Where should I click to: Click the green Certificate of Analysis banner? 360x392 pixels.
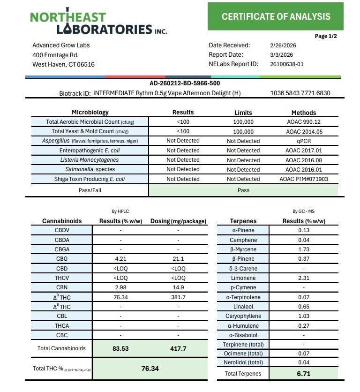276,16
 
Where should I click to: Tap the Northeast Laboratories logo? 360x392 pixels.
98,23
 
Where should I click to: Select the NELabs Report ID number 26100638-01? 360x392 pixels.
287,64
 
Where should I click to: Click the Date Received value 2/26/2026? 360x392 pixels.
283,45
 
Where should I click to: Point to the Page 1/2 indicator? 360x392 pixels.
326,36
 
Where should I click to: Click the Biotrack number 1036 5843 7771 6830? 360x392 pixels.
300,93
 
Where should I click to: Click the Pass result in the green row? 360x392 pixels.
243,190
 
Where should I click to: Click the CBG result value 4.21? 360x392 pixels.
120,259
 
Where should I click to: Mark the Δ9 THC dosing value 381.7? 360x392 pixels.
178,297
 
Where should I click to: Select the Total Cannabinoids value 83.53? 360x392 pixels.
120,349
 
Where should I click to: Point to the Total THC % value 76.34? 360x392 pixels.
150,369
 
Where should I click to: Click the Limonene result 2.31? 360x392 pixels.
303,278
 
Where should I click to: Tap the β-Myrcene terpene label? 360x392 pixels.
243,249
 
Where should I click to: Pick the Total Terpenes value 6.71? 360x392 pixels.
303,374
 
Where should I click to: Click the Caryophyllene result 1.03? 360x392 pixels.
303,316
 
